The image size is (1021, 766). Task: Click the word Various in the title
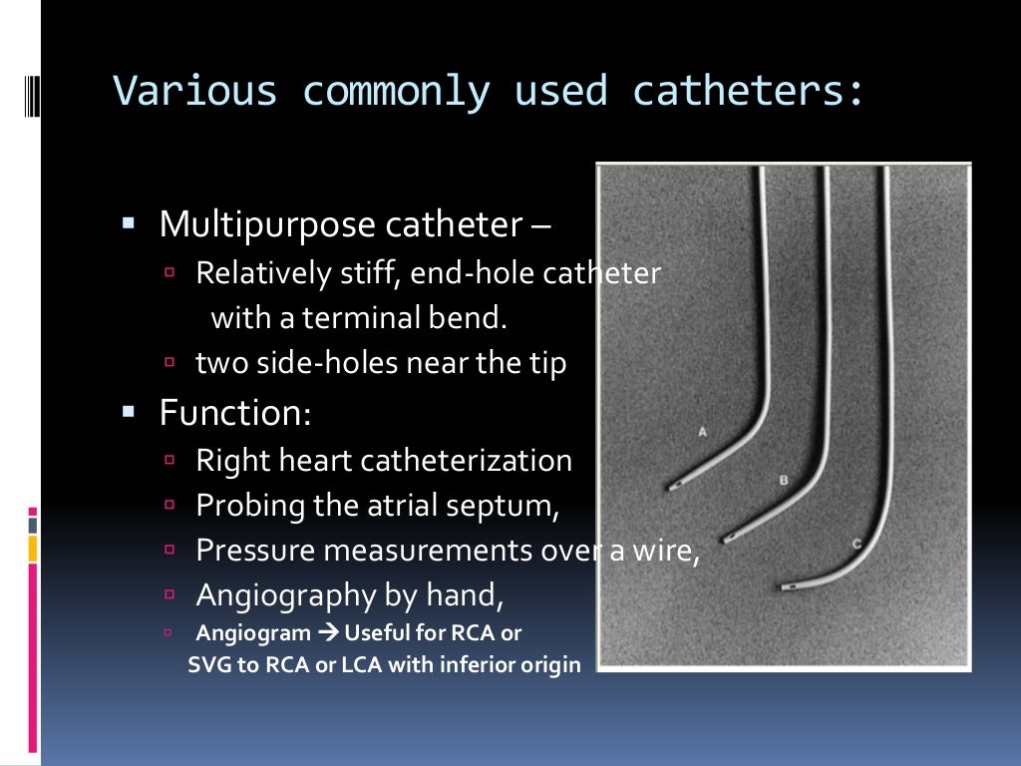coord(195,92)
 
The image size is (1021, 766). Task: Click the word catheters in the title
coord(746,92)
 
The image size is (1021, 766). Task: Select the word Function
coord(235,412)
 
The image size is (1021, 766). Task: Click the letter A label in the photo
coord(703,432)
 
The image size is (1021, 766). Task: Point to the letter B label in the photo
coord(784,481)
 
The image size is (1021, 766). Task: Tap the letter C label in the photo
coord(857,544)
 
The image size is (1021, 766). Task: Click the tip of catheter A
coord(670,488)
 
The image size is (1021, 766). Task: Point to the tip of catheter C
coord(785,587)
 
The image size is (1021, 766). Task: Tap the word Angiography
coord(286,595)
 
